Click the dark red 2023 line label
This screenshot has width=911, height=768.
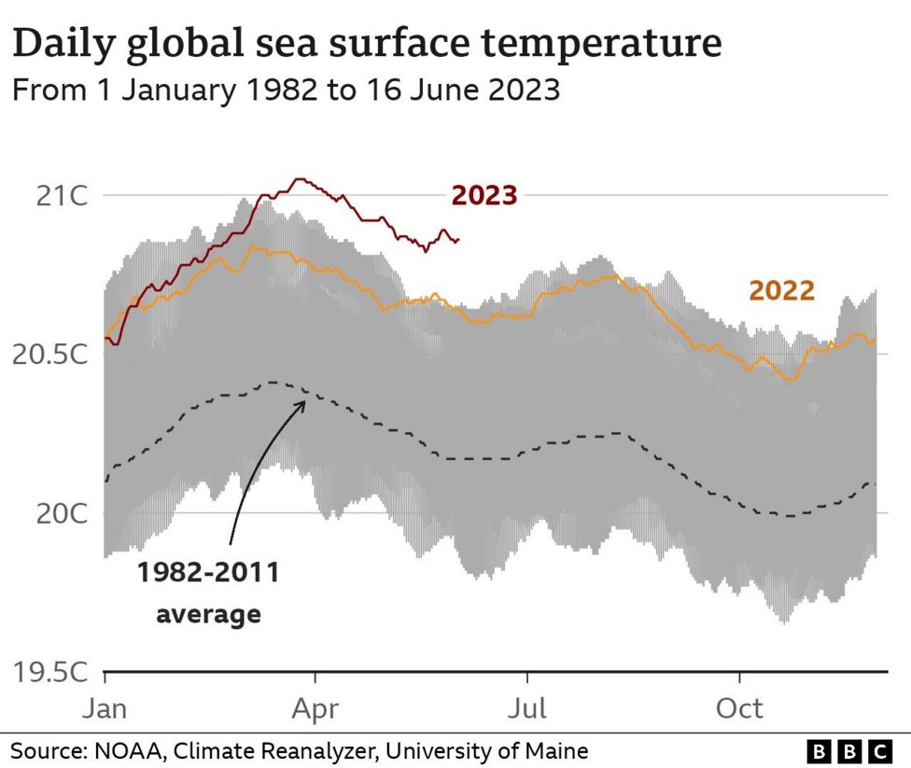[484, 196]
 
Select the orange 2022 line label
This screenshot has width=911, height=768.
[781, 291]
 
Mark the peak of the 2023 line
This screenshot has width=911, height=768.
[299, 179]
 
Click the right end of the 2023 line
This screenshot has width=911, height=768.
[458, 241]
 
